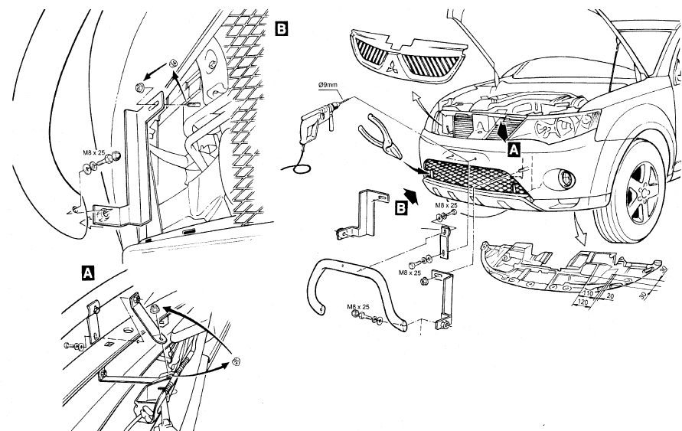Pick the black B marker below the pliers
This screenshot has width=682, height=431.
point(400,207)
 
